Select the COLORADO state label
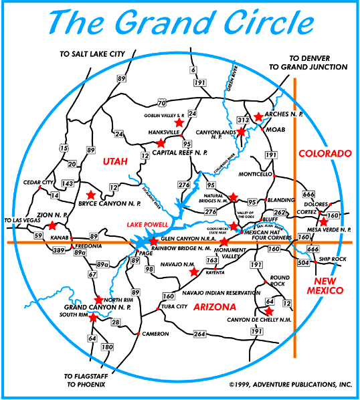click(325, 153)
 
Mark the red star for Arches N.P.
click(258, 116)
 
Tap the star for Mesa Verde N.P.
click(324, 221)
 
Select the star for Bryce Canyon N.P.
click(90, 195)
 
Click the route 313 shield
click(243, 120)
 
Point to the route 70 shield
click(161, 103)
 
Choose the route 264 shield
click(199, 334)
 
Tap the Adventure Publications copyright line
click(290, 385)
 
